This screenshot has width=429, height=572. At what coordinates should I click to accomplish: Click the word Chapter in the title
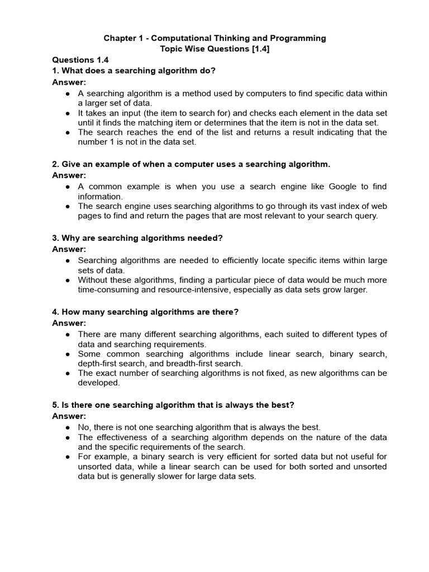click(x=120, y=38)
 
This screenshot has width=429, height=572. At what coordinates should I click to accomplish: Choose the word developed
click(x=98, y=383)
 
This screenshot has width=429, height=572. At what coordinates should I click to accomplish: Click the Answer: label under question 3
click(x=69, y=249)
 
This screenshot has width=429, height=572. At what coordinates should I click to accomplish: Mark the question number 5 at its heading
click(x=55, y=404)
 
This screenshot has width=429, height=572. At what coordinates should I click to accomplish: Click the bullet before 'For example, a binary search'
click(x=68, y=457)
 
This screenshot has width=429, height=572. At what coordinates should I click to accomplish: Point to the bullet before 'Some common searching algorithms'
click(x=68, y=354)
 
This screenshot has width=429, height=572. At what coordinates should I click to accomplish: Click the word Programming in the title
click(x=300, y=38)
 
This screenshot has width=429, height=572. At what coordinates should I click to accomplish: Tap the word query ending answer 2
click(x=366, y=216)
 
